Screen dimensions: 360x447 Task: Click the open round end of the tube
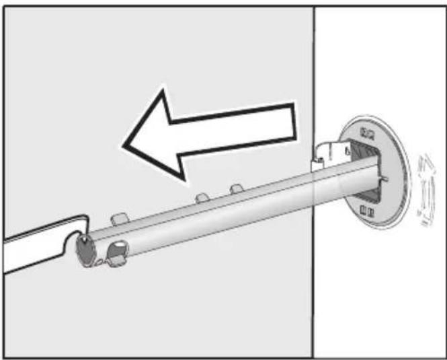coord(85,250)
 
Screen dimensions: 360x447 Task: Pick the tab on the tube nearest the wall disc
coord(235,189)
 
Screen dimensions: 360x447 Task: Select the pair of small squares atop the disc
coord(368,131)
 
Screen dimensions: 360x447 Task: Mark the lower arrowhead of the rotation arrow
coord(422,219)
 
